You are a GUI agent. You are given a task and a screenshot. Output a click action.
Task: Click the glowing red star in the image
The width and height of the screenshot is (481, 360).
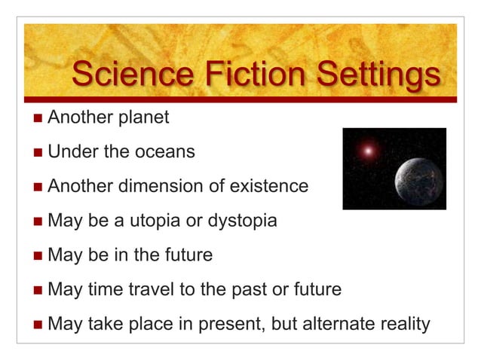[369, 151]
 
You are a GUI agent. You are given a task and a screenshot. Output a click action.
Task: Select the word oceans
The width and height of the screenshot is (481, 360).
[165, 152]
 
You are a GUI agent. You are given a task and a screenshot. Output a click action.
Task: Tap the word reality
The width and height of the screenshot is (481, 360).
[403, 325]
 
